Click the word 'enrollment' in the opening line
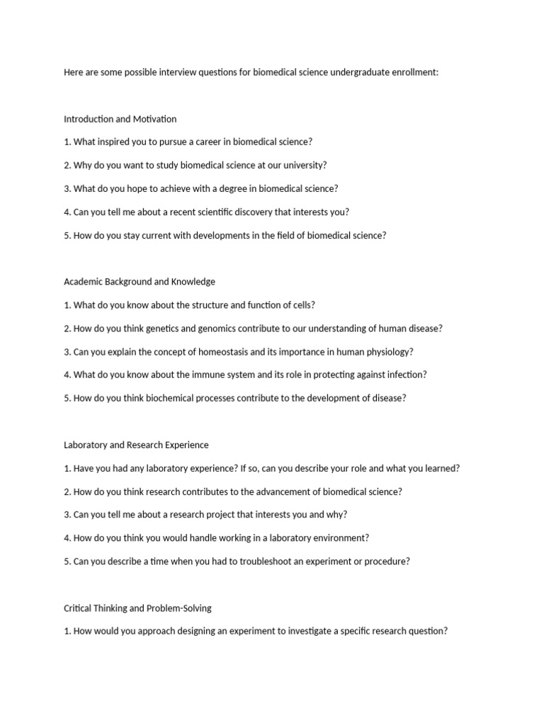414,72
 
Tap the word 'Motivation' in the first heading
154,119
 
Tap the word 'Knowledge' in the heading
193,282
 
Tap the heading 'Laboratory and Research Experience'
136,445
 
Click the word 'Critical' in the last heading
78,608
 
